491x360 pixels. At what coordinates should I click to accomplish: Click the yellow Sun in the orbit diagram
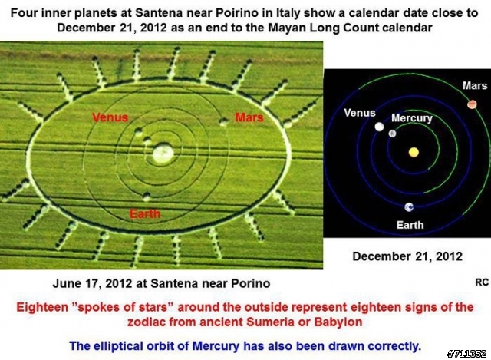pos(414,152)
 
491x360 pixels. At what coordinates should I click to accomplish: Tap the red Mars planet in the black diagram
pos(472,104)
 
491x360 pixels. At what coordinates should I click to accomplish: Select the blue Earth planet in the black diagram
pos(409,207)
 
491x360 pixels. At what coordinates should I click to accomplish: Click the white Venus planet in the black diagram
pos(379,127)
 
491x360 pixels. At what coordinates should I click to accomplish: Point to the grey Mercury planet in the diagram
pos(392,134)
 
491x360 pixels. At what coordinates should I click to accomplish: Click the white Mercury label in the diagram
pos(412,118)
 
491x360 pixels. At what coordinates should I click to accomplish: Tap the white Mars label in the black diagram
pos(475,85)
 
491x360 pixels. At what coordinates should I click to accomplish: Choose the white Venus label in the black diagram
pos(360,113)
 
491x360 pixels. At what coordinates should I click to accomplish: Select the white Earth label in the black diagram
pos(410,225)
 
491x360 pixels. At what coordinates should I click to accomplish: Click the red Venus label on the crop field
pos(110,117)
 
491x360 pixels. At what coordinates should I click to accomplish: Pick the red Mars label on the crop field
pos(249,117)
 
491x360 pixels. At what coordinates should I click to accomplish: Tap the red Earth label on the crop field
pos(145,214)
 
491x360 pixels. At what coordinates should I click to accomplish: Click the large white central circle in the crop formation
pos(163,154)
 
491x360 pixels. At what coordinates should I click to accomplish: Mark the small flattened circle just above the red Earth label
pos(147,197)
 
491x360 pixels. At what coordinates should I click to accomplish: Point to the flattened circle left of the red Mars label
pos(223,121)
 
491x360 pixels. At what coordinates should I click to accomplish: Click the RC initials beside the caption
pos(482,282)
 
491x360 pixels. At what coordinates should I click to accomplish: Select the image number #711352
pos(467,354)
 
